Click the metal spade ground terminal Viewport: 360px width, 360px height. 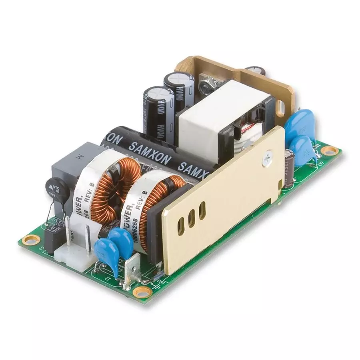click(x=132, y=268)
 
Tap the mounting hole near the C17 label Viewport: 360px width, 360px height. click(x=330, y=151)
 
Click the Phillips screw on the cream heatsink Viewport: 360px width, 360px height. click(x=266, y=160)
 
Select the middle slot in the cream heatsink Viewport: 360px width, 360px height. click(x=192, y=218)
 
